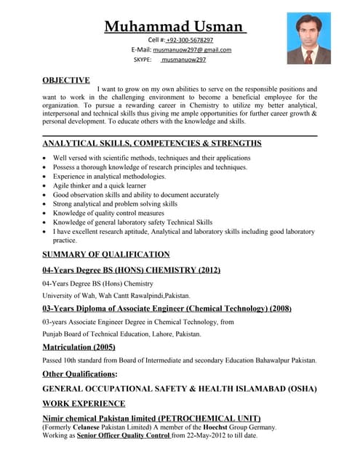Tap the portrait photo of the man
point(308,38)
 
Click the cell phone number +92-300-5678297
point(190,39)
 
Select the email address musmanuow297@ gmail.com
point(192,49)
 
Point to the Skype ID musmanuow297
point(183,60)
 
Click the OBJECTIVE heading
point(66,80)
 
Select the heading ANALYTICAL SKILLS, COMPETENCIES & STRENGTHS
point(152,143)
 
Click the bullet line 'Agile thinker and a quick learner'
point(102,185)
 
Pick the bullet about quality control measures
point(109,214)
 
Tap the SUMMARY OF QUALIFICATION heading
point(106,254)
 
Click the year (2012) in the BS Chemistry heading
point(205,271)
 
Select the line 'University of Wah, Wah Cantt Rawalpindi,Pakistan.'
point(116,296)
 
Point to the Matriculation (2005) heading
point(79,347)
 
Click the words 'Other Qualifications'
point(78,373)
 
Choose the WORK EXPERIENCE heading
point(84,403)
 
